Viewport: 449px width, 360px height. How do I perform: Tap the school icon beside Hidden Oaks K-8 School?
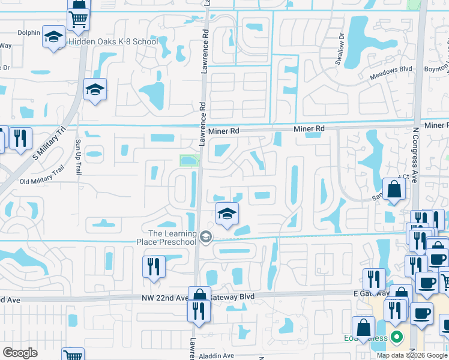point(53,37)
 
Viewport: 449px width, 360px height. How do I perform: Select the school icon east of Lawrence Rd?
point(226,214)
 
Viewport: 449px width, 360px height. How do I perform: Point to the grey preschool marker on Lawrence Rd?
point(206,237)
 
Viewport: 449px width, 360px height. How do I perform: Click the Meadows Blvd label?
point(391,69)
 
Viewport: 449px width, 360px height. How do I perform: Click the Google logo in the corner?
point(20,353)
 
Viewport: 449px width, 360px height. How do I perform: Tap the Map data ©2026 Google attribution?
point(412,355)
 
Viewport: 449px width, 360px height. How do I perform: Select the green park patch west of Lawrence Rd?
point(189,160)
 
